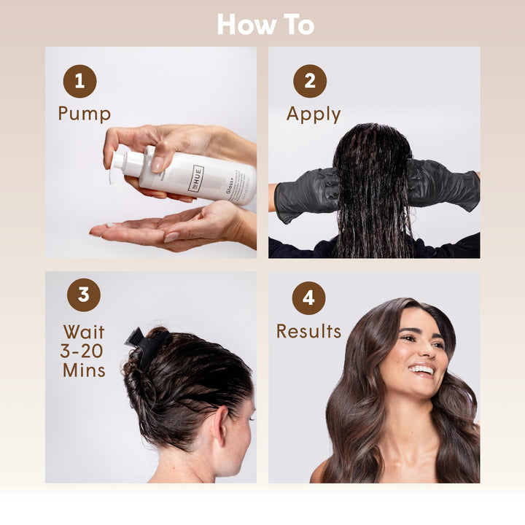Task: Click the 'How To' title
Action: coord(265,25)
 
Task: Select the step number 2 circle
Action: coord(310,81)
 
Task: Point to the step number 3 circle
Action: coord(84,294)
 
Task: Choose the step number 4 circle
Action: coord(308,297)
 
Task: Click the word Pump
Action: coord(85,114)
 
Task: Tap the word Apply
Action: coord(313,114)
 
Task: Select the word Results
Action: coord(308,331)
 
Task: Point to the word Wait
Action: coord(84,332)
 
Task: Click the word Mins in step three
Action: coord(84,370)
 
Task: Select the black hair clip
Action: coord(144,343)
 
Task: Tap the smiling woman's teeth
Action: coord(421,369)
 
